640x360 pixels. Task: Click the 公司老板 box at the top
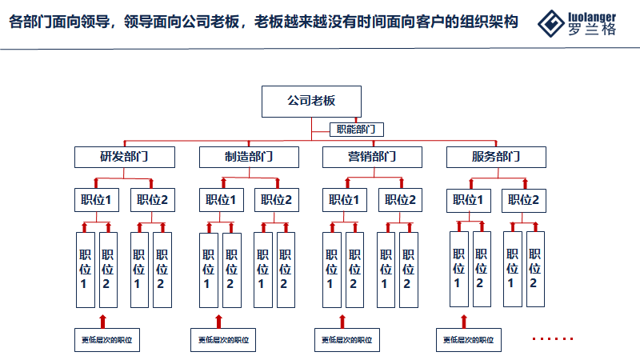coord(311,101)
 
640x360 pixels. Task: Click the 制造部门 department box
coord(249,156)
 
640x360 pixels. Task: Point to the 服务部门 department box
coord(495,156)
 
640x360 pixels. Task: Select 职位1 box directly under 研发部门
coord(96,200)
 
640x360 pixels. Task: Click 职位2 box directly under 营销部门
coord(398,200)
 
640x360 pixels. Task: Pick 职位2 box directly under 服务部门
coord(521,200)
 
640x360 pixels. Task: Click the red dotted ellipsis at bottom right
coord(554,339)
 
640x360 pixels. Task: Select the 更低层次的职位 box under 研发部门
coord(103,340)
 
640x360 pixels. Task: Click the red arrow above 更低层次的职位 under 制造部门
coord(217,322)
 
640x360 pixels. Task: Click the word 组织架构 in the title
coord(490,22)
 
